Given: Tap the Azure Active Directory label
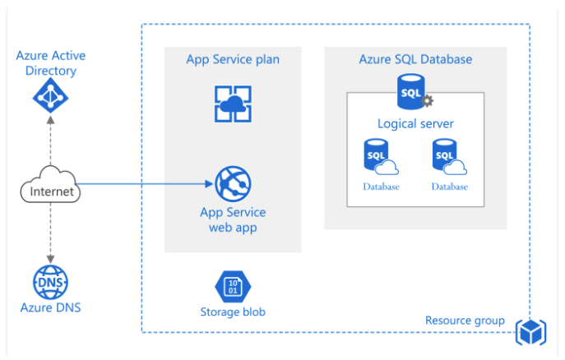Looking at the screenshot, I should [x=50, y=63].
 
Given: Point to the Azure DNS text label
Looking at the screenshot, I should [x=50, y=308].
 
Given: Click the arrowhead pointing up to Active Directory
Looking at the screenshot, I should [x=50, y=121].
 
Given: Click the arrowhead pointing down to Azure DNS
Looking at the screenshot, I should [x=50, y=259].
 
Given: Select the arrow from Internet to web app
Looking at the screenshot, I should [x=148, y=184].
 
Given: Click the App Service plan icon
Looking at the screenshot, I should [x=233, y=104].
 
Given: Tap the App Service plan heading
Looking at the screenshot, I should [x=233, y=59].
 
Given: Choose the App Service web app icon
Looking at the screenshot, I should [x=233, y=184].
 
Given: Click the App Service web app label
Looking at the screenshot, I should [x=233, y=219].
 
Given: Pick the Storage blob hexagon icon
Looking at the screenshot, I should [x=232, y=287].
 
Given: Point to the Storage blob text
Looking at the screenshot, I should [x=233, y=312].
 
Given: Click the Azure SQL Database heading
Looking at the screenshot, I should [x=415, y=59].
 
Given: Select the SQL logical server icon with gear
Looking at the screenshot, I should [x=414, y=93].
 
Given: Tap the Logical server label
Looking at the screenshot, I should [x=415, y=124].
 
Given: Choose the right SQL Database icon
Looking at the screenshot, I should [x=448, y=158].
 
